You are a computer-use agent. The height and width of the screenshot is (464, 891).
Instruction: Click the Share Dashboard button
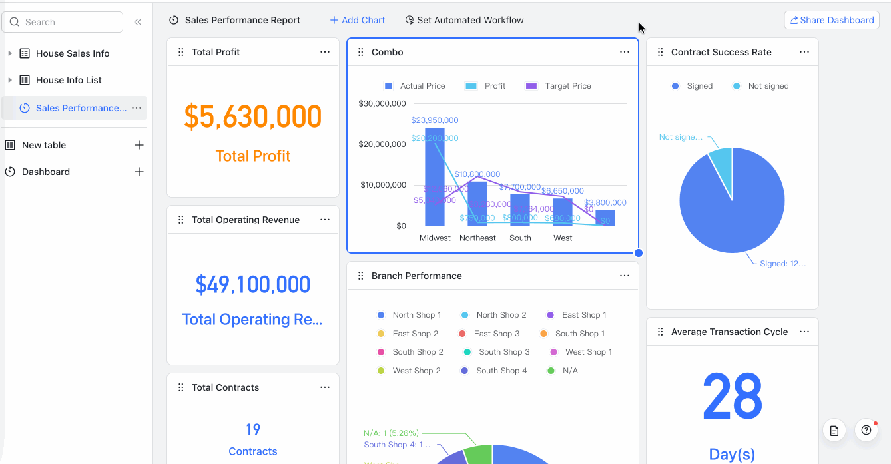coord(832,20)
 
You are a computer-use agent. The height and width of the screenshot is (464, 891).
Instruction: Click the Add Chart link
coord(358,20)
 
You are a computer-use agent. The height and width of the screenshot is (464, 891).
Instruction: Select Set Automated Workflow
coord(464,20)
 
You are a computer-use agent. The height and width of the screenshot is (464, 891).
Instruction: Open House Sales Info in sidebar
coord(73,53)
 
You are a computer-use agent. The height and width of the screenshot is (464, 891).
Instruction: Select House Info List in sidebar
coord(69,80)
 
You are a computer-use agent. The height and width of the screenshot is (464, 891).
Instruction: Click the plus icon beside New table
coord(139,145)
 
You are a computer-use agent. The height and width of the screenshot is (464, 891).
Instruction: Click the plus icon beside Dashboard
coord(139,172)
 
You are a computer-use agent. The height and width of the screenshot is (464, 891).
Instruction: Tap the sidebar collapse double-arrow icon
coord(138,22)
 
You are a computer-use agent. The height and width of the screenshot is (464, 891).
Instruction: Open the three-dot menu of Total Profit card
coord(325,52)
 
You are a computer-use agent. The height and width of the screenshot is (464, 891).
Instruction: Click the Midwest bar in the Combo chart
coord(435,180)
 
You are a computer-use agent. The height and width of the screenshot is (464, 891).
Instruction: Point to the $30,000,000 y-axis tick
coord(382,103)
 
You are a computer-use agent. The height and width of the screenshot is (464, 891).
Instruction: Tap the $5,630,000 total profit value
coord(253,117)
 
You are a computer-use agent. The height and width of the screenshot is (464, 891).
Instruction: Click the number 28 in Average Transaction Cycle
coord(732,396)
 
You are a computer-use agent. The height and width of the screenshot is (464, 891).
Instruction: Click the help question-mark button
coord(866,430)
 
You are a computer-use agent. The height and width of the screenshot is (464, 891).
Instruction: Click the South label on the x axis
coord(520,238)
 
